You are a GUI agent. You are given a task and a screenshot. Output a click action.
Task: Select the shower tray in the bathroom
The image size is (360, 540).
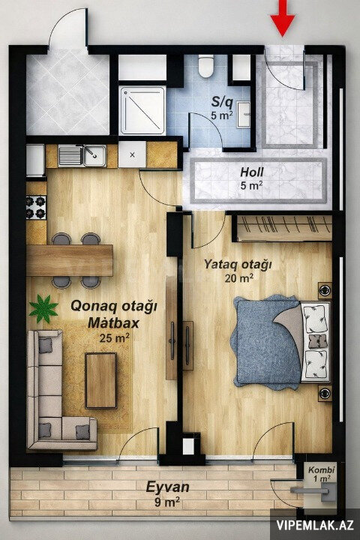(142, 110)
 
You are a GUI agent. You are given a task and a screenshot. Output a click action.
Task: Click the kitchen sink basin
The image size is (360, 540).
(94, 155)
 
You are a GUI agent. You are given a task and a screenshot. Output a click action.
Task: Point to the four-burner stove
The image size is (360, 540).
(36, 207)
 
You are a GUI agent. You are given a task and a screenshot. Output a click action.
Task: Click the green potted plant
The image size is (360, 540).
(43, 308)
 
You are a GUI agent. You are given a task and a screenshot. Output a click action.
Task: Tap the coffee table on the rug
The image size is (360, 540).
(101, 380)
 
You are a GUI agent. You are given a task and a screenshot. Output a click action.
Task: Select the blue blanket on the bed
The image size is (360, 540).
(266, 342)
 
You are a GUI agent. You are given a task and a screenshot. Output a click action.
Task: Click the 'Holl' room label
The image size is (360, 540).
(252, 172)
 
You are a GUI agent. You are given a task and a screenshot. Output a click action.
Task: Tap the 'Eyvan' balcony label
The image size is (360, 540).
(167, 487)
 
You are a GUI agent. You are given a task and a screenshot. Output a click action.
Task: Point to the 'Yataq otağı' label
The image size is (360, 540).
(238, 265)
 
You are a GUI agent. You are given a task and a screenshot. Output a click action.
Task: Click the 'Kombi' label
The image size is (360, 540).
(322, 469)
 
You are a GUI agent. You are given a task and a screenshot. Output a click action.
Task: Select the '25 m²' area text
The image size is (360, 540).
(114, 338)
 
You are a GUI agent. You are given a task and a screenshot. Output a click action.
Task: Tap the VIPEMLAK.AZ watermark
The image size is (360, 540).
(315, 525)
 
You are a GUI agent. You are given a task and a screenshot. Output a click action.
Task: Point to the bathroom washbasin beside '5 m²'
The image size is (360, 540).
(244, 115)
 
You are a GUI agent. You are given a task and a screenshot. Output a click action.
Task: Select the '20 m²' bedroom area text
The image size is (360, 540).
(239, 278)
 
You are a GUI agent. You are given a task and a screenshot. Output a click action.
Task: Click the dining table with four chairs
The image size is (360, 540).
(70, 260)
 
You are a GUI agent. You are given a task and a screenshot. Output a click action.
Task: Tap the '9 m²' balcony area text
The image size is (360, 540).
(167, 502)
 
